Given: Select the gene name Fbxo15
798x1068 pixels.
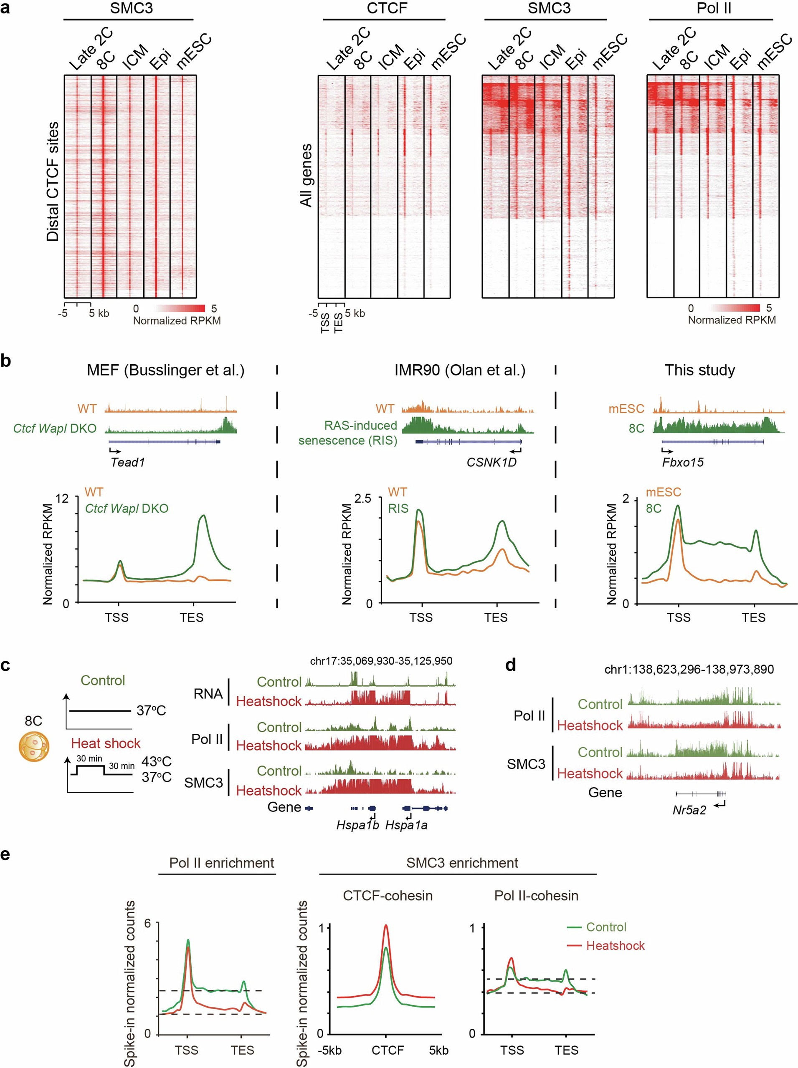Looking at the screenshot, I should tap(683, 462).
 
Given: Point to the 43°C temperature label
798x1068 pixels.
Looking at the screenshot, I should tap(156, 761).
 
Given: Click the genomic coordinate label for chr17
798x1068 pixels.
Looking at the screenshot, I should tap(381, 661).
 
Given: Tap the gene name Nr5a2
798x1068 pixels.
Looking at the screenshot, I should tap(689, 810).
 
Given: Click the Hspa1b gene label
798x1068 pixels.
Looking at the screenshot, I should tap(357, 825).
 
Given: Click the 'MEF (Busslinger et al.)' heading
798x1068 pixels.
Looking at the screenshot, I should tap(165, 370).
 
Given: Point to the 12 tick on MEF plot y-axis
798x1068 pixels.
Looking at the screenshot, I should tap(63, 498).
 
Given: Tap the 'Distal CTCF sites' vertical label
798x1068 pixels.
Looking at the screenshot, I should tap(53, 181).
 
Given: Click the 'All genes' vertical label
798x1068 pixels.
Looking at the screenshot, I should tap(306, 176).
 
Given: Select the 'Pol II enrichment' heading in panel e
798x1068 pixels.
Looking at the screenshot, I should tap(221, 862).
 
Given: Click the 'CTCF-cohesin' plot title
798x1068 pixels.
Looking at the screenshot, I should tap(388, 896).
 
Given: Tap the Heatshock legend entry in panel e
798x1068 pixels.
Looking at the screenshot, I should tap(615, 945).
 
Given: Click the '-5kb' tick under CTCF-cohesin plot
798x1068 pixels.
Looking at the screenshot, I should tap(330, 1050).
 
